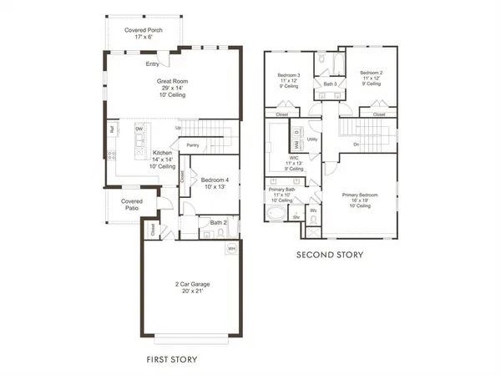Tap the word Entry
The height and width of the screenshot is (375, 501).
pos(153,63)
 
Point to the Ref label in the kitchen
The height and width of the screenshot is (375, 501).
pos(111,129)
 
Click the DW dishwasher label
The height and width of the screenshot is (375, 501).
pos(139,129)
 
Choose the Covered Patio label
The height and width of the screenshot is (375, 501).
pos(131,205)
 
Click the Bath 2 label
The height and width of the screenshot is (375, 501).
pos(217,222)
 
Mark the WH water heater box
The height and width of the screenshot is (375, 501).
pos(230,249)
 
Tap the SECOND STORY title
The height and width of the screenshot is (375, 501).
pos(331,255)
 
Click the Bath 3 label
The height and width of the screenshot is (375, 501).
pos(330,84)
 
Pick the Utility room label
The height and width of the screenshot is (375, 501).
pos(312,139)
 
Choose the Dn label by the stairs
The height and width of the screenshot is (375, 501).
pos(357,144)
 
